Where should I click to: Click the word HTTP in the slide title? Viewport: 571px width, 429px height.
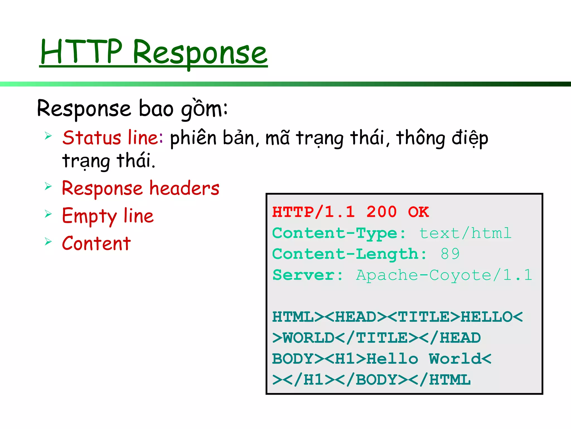point(81,52)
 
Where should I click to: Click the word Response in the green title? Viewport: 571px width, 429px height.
point(200,53)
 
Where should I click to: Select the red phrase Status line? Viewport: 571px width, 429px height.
point(113,138)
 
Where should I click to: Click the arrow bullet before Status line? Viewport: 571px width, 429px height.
point(48,136)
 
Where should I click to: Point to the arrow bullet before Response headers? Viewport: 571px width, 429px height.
point(48,186)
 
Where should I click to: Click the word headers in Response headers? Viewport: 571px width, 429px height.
point(184,188)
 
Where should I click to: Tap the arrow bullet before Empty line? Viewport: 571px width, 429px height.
point(48,214)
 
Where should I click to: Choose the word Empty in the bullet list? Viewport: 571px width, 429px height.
point(89,216)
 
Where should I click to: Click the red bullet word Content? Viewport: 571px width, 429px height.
point(96,244)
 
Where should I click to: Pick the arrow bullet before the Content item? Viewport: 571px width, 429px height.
point(48,242)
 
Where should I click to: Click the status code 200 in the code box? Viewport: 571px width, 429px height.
point(381,212)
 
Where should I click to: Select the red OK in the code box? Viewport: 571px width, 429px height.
point(418,212)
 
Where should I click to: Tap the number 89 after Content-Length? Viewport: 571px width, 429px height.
point(450,254)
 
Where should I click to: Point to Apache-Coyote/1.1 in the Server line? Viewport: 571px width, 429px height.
point(444,275)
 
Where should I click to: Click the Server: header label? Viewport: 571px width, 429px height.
point(308,275)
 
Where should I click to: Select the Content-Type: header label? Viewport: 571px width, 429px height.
point(339,233)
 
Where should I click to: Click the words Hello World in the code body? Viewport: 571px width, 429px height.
point(423,359)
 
